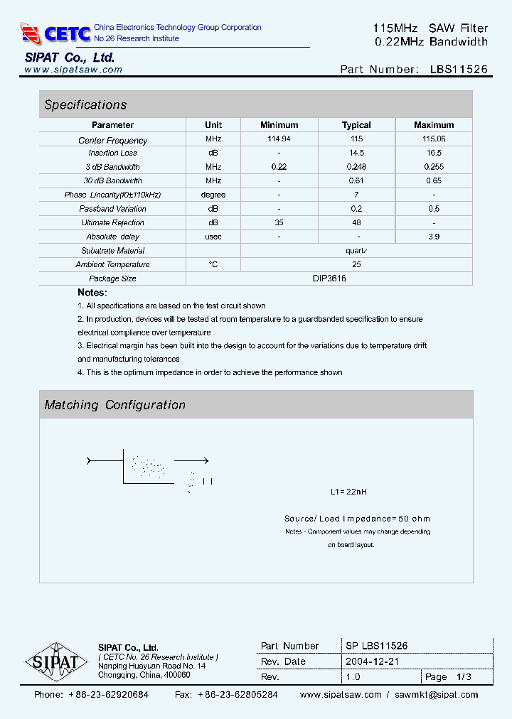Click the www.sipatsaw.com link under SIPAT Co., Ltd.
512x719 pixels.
[73, 70]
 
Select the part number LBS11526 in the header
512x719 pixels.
[459, 70]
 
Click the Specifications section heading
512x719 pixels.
[85, 104]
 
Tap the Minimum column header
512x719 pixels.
[279, 125]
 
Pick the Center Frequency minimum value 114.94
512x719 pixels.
[279, 140]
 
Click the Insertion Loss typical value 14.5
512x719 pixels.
[356, 153]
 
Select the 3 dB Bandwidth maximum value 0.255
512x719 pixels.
[433, 167]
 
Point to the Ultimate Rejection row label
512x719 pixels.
[112, 222]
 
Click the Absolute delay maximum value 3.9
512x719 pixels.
[433, 237]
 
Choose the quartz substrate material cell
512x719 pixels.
[356, 250]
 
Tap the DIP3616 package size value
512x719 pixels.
[329, 279]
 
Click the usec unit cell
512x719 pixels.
[213, 237]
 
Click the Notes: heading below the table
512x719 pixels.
[92, 293]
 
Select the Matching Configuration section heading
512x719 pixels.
[114, 405]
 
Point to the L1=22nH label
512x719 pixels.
[348, 492]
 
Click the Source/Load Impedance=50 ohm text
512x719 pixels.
[357, 519]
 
